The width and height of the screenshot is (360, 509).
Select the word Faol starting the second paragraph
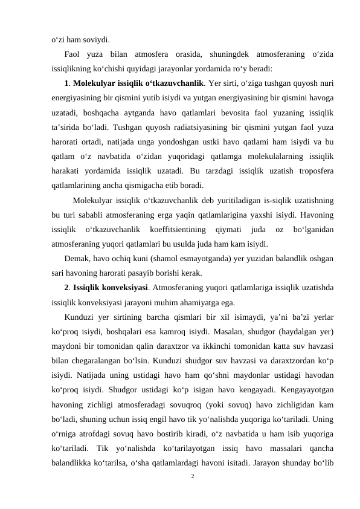(73, 55)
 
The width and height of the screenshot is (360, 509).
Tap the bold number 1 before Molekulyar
(66, 82)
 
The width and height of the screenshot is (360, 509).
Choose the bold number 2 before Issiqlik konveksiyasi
(66, 289)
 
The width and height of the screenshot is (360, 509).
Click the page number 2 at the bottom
(191, 477)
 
